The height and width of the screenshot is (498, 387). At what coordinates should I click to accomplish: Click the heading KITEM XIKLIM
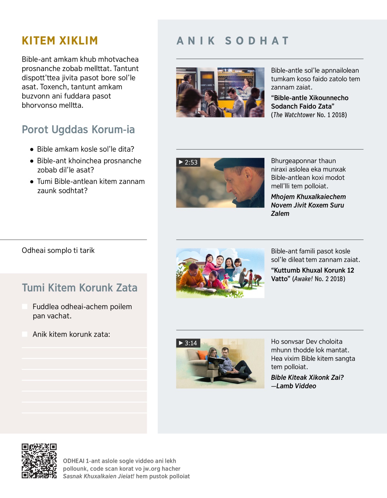60,41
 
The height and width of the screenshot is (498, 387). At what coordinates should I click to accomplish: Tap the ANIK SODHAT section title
233,41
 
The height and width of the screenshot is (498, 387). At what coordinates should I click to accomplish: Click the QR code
39,461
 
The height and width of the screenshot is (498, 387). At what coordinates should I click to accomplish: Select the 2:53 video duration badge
188,162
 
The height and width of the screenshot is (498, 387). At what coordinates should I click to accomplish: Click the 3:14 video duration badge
188,343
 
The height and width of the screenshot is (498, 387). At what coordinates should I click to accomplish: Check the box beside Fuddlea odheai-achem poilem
25,307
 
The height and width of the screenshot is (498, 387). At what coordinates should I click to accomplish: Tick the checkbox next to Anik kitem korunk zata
25,334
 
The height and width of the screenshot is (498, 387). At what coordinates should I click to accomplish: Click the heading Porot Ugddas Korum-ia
78,130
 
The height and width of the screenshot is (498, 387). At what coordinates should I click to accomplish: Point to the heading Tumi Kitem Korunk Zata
80,288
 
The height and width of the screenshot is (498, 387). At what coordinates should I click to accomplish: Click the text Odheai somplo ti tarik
58,250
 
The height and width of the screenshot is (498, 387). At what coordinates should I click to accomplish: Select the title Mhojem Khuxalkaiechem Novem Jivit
308,201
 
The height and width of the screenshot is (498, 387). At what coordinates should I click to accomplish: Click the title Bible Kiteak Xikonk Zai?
307,378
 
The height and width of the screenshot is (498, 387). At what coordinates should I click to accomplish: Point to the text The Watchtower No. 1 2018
309,115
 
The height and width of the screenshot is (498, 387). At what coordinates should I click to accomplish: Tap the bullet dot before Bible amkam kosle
32,149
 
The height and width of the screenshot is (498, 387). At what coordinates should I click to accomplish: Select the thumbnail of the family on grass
220,273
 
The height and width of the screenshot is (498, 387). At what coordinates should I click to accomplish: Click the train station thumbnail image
220,92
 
